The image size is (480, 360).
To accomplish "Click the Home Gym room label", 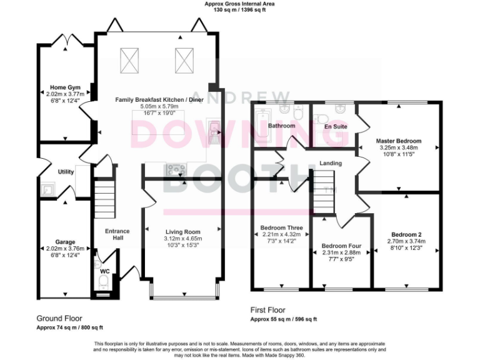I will (65, 87).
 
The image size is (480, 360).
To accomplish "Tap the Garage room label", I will (65, 242).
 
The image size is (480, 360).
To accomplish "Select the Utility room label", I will (66, 171).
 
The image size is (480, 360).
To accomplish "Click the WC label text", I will (104, 272).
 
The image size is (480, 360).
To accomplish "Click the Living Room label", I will (182, 232).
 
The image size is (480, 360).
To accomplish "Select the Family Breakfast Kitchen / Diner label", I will (159, 99).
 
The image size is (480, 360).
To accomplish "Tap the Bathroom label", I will (281, 126).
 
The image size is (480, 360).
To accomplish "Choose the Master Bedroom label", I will (398, 141).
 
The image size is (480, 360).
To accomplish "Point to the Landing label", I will (330, 164).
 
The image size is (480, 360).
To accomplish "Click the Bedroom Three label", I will (281, 227).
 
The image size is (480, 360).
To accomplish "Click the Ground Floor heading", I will (59, 318).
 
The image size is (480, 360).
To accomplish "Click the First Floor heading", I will (267, 310).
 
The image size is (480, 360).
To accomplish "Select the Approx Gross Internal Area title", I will (239, 4).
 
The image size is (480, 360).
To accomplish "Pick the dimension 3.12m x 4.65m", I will (182, 239).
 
